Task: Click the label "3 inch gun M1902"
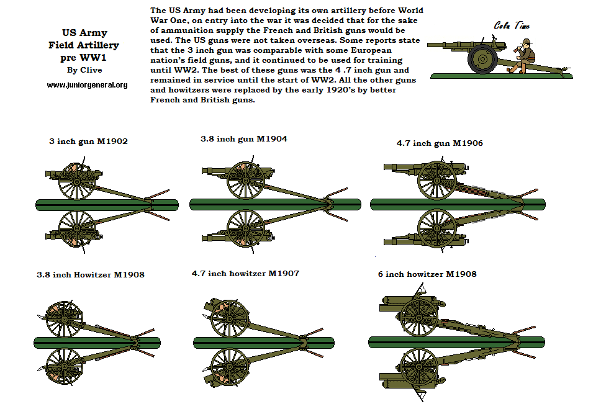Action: tap(88, 142)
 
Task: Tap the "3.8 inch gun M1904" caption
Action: tap(243, 138)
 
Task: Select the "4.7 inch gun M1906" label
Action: tap(440, 143)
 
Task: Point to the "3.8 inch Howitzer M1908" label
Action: tap(91, 274)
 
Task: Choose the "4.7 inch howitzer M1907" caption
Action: tap(245, 273)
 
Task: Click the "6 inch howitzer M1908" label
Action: tap(427, 274)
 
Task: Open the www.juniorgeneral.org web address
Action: tap(87, 84)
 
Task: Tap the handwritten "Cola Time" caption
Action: tap(512, 26)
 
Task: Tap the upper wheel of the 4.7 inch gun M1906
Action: tap(437, 180)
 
